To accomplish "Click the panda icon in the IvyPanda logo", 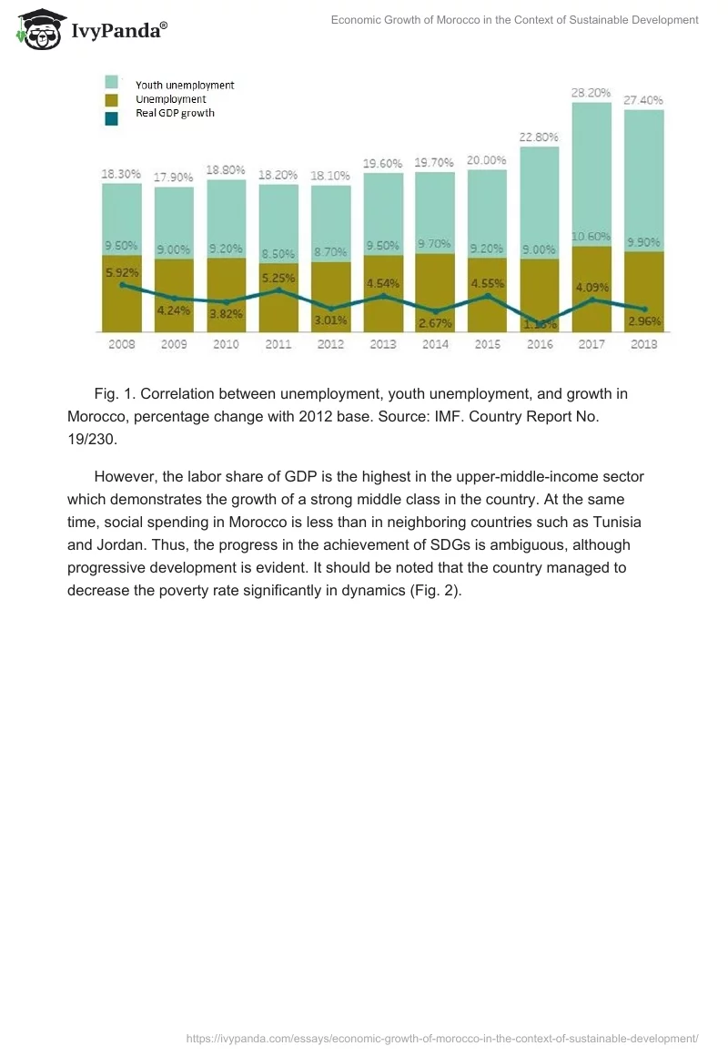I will (x=37, y=31).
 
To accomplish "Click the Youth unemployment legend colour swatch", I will (x=111, y=84).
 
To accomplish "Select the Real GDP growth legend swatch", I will (x=111, y=118).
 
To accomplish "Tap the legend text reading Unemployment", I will (x=170, y=99).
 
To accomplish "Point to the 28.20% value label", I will (x=591, y=93).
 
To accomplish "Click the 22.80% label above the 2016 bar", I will (x=539, y=137).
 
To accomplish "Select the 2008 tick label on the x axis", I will (x=121, y=345).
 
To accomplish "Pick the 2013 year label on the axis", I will (x=382, y=345).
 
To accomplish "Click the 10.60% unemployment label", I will (x=591, y=237).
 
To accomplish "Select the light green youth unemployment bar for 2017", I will (x=591, y=173).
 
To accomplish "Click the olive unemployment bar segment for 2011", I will (x=278, y=310).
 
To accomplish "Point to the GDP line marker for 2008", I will (x=122, y=286).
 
